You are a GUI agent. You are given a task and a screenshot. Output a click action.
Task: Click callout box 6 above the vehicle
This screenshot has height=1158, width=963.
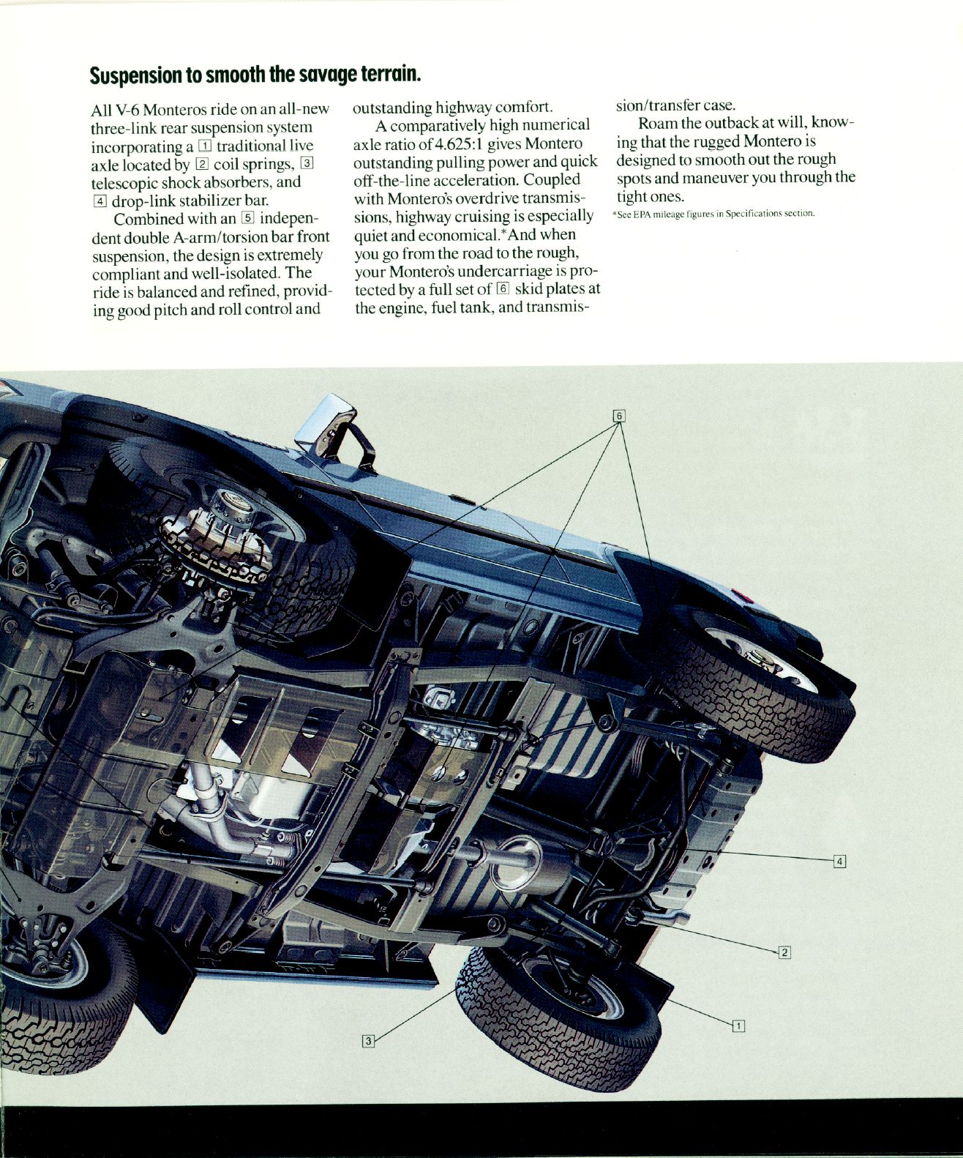tap(618, 416)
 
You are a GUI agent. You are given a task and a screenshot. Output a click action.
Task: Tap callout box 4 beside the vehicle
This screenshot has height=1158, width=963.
tap(840, 861)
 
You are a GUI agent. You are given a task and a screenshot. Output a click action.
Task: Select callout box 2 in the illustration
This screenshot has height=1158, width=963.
tap(784, 952)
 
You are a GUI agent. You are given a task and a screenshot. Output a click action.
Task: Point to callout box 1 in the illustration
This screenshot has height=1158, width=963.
tap(738, 1026)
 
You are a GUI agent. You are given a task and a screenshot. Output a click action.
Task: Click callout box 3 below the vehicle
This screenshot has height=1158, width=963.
tap(369, 1040)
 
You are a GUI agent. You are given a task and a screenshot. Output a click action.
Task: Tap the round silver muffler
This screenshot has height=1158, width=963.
tap(516, 864)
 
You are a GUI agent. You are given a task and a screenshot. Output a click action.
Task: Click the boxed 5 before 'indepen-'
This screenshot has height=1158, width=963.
tap(247, 217)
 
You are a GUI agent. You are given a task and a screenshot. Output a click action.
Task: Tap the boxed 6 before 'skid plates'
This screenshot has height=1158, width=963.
tap(502, 288)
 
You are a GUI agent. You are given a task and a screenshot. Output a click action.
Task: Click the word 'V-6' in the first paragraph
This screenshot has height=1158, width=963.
tap(129, 110)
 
